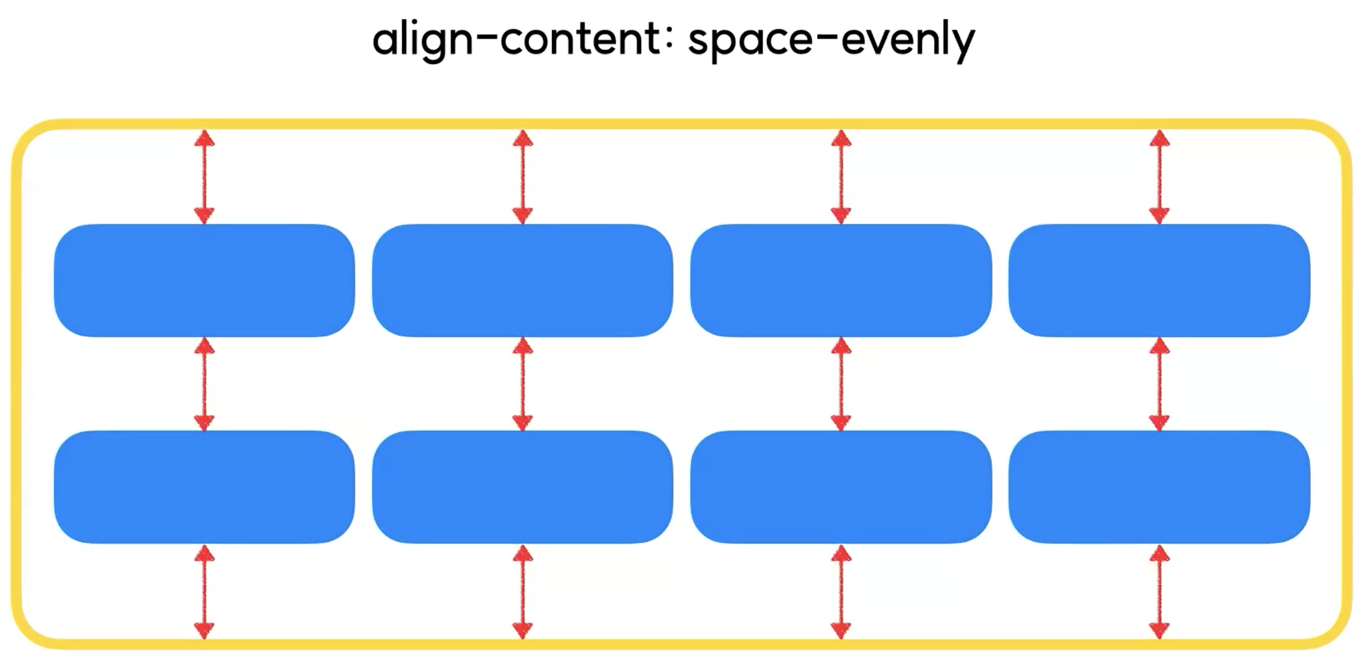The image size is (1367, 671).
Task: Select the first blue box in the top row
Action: [x=204, y=280]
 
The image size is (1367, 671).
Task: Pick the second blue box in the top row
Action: [x=523, y=280]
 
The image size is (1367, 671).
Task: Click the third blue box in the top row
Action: [x=841, y=280]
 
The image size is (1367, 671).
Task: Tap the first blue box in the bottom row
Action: [x=204, y=487]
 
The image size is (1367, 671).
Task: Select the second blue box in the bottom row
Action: [x=523, y=487]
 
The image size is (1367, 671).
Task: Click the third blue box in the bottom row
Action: [x=841, y=487]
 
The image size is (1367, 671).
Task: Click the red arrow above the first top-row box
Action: [x=204, y=177]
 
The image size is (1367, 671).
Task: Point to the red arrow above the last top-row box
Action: [x=1160, y=177]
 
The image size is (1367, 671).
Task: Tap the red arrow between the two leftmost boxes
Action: [x=204, y=383]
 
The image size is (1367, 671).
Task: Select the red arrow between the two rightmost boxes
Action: [x=1160, y=383]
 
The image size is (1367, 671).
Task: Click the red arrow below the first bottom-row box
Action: [x=204, y=592]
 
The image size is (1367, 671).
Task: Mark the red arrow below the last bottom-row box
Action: [x=1160, y=592]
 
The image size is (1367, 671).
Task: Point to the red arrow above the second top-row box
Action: [x=523, y=177]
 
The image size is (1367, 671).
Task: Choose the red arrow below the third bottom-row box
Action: [x=841, y=592]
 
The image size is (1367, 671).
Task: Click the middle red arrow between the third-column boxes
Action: [x=841, y=383]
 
